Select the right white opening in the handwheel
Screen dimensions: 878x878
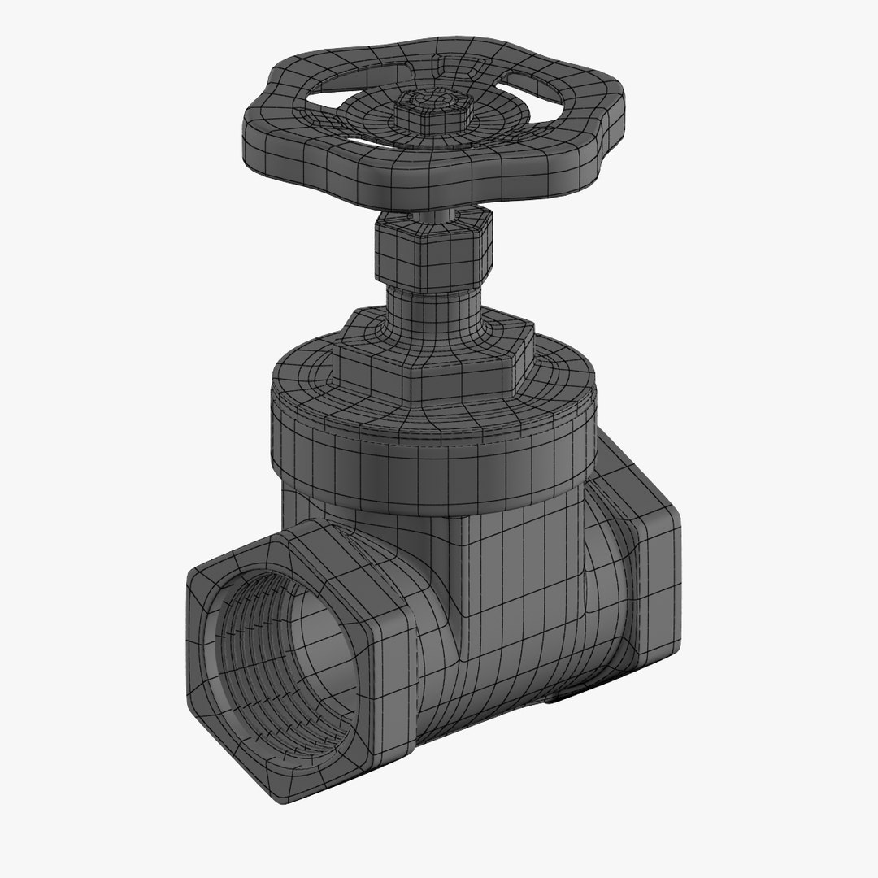[545, 89]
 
